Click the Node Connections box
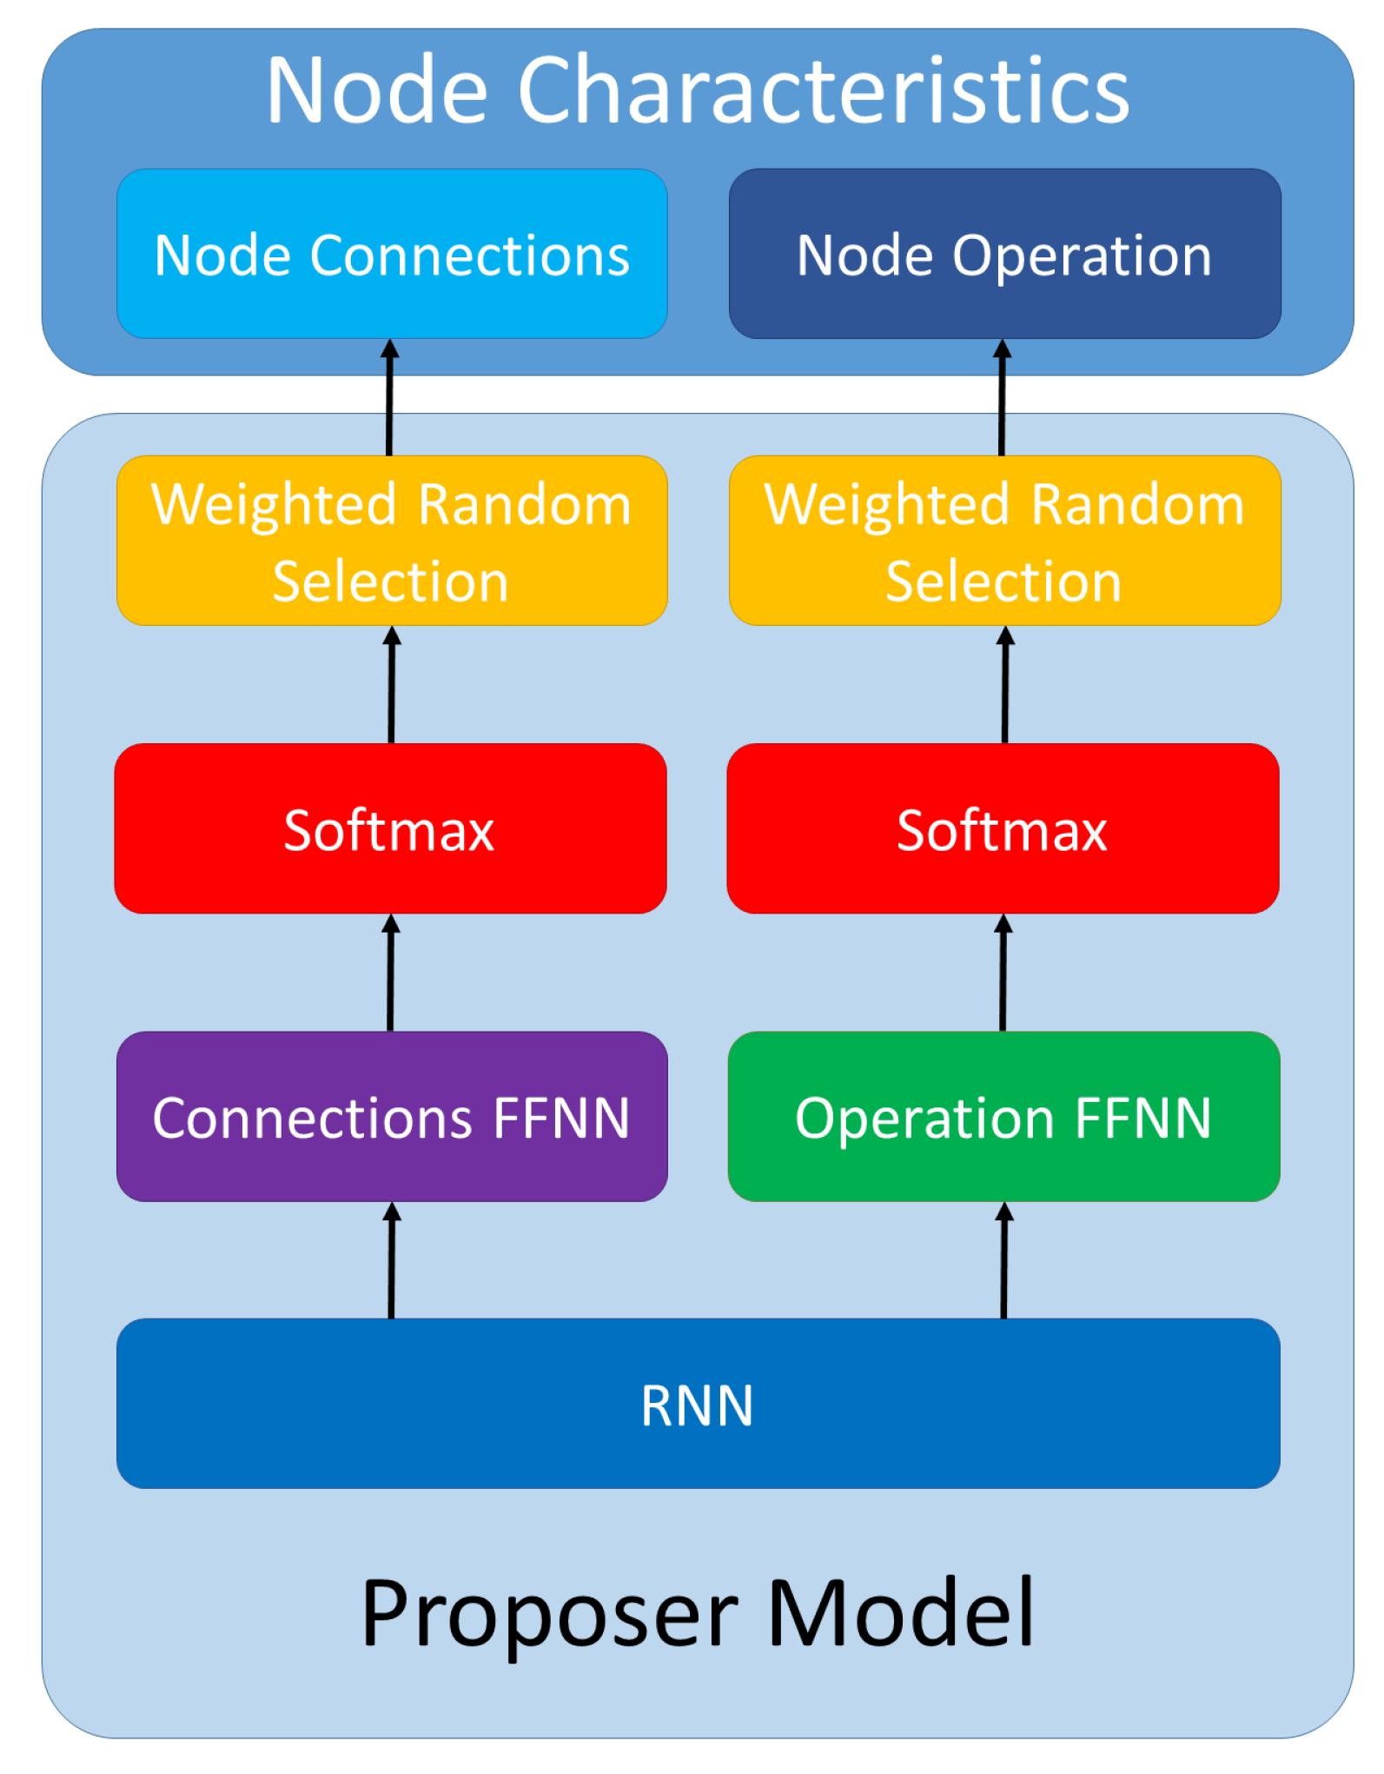pos(392,254)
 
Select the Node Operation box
pos(1004,254)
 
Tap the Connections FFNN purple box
pos(392,1117)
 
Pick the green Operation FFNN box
pos(1003,1117)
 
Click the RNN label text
pos(697,1405)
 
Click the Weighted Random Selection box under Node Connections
pos(392,541)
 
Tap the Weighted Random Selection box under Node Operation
pos(1004,541)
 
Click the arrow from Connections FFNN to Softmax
pos(391,973)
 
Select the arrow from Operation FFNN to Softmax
pos(1003,973)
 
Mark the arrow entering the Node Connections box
pos(390,397)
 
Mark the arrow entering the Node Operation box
pos(1003,397)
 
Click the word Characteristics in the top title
pos(823,90)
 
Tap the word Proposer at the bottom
pos(549,1613)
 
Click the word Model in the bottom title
pos(901,1613)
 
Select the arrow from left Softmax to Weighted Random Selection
pos(392,685)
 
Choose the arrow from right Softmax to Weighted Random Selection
pos(1005,685)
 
